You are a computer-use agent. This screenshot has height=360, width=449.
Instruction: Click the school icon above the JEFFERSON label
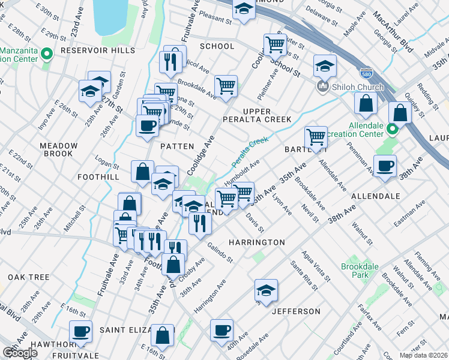pyautogui.click(x=266, y=290)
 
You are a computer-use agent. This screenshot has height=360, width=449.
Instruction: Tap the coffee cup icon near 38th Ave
pyautogui.click(x=385, y=165)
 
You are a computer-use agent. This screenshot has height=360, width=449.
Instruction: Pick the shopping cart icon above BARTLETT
pyautogui.click(x=315, y=136)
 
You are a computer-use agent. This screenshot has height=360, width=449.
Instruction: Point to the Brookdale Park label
pyautogui.click(x=355, y=270)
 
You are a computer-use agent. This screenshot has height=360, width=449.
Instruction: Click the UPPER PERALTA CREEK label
pyautogui.click(x=267, y=116)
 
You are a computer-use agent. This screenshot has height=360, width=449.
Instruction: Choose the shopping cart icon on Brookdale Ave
pyautogui.click(x=226, y=85)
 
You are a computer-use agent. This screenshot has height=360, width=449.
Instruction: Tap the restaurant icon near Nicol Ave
pyautogui.click(x=170, y=61)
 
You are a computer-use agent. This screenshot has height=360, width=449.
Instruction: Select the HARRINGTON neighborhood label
pyautogui.click(x=256, y=242)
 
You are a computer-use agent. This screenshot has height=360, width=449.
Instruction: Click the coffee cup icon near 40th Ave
pyautogui.click(x=221, y=329)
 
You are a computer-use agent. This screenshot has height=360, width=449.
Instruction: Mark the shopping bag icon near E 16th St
pyautogui.click(x=162, y=335)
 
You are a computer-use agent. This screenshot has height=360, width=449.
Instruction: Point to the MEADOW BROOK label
pyautogui.click(x=59, y=149)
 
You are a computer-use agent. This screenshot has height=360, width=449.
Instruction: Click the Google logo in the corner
pyautogui.click(x=20, y=353)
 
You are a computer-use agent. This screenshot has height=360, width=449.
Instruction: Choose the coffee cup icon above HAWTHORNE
pyautogui.click(x=80, y=331)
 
